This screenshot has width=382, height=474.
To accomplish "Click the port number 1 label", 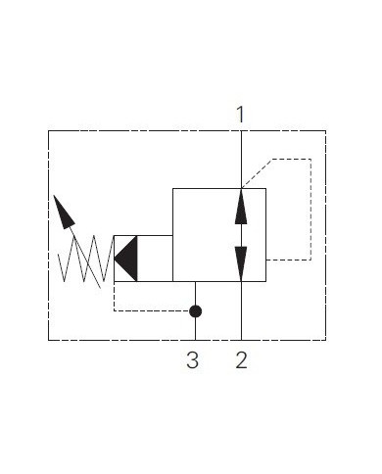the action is [x=241, y=115].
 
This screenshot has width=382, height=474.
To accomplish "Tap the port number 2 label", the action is [x=241, y=360].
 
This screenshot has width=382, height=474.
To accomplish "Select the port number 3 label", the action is [x=193, y=360].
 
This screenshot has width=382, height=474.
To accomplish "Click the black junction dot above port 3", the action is [x=195, y=311].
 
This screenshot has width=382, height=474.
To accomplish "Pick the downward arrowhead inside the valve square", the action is [x=241, y=261].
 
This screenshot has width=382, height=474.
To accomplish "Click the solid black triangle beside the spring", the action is [x=126, y=259].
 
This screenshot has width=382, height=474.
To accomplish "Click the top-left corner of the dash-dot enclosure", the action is [x=49, y=131].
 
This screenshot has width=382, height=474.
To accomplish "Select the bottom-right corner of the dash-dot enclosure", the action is [x=325, y=340].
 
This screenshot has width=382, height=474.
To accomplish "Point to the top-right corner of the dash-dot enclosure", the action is [x=325, y=131].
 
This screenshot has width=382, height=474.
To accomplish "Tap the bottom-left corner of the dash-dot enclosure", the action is [x=49, y=340].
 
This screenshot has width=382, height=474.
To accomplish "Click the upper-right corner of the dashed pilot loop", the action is [x=311, y=159].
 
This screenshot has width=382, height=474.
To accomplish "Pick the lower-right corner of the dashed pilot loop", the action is [x=311, y=260].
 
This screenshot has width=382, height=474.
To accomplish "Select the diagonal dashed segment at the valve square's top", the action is [x=257, y=172].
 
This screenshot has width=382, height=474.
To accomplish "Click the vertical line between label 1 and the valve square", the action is [x=241, y=157].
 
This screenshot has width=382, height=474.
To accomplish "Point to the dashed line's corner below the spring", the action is [x=115, y=311].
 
